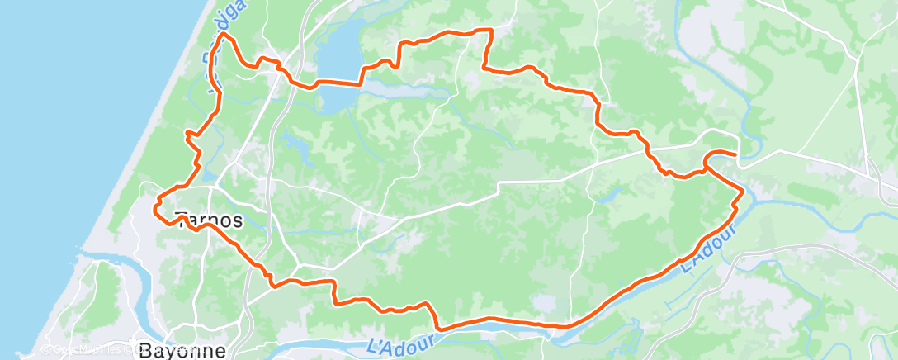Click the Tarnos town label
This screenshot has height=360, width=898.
tap(210, 220)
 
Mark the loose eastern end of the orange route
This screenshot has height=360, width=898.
tap(735, 154)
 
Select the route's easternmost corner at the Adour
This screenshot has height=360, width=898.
tap(743, 191)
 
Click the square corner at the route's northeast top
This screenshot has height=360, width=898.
tap(491, 31)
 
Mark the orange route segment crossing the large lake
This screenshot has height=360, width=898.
tap(338, 82)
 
